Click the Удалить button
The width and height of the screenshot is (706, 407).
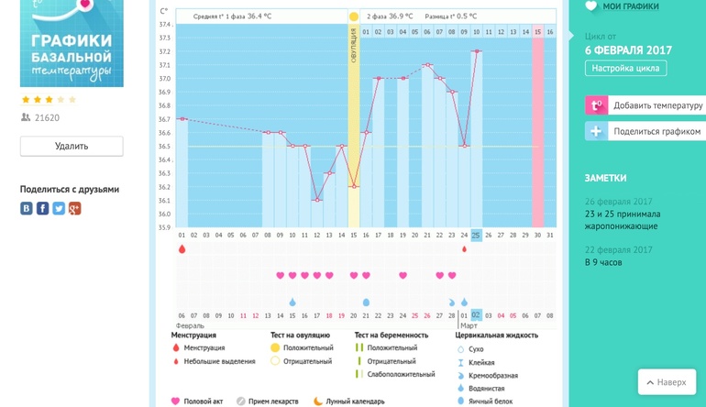point(72,146)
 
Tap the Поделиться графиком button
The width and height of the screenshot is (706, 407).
point(645,131)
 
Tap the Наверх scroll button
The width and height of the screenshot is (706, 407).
point(667,381)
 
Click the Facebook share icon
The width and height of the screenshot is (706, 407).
point(42,209)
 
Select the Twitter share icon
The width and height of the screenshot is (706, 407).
point(59,209)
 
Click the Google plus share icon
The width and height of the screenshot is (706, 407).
point(75,209)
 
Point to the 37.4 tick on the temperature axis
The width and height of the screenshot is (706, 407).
point(164,25)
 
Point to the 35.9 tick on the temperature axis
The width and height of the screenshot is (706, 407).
point(164,227)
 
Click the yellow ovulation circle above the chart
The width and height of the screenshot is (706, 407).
point(354,16)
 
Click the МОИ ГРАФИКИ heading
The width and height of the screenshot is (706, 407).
point(631,6)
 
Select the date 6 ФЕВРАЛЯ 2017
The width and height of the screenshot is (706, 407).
point(628,50)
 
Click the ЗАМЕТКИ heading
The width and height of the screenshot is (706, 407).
point(606,178)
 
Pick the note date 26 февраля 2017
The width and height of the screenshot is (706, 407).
point(619,202)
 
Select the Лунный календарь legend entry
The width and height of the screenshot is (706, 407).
point(351,401)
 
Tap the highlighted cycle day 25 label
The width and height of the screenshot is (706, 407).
point(476,236)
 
